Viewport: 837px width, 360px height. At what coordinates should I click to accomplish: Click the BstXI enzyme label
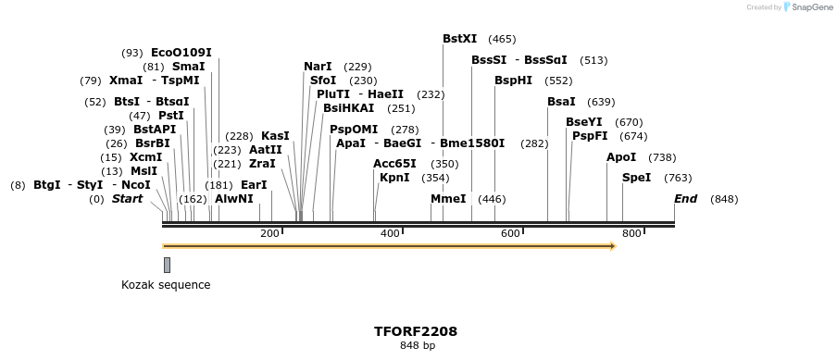coord(459,39)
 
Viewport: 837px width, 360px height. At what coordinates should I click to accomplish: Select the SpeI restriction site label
coord(636,178)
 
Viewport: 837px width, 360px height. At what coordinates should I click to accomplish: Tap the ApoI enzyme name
coord(621,157)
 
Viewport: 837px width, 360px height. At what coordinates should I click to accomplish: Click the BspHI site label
coord(513,81)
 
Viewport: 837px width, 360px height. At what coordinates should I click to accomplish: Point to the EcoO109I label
coord(181,53)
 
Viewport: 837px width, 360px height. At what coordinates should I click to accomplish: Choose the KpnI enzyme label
coord(394,178)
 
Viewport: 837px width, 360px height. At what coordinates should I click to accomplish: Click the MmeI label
coord(448,199)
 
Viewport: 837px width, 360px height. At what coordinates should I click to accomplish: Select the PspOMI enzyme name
coord(354,130)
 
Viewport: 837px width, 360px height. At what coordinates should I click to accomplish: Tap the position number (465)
coord(502,39)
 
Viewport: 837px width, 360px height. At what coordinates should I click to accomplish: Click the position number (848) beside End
coord(724,199)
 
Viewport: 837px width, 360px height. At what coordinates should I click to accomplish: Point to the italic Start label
coord(128,199)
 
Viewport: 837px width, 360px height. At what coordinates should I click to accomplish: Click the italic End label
coord(685,199)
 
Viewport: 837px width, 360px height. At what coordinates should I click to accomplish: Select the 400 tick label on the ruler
coord(390,233)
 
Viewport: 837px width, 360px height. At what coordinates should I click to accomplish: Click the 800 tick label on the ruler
coord(631,233)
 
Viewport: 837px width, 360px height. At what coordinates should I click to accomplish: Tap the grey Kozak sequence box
coord(167,265)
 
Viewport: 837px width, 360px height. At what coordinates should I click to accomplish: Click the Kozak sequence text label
coord(166,285)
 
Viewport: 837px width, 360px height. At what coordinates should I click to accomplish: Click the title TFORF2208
coord(416,330)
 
